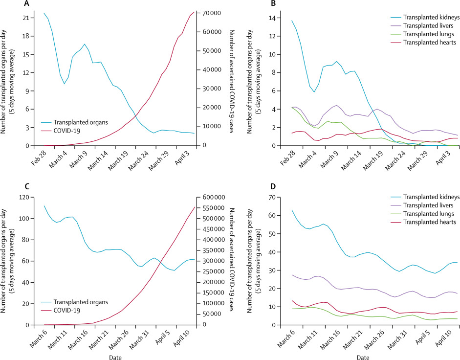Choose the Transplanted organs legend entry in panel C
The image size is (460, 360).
(80, 302)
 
